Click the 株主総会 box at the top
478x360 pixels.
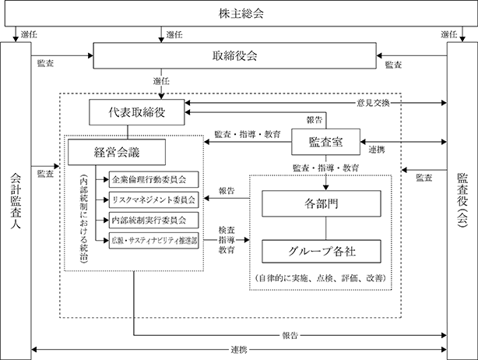241,14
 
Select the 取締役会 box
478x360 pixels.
234,55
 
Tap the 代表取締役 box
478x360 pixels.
136,112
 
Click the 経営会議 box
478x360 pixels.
117,152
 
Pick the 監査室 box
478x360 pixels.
326,142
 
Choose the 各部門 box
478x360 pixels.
322,203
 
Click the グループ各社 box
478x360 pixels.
322,252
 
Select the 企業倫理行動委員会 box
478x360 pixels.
153,179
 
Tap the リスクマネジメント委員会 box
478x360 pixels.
153,199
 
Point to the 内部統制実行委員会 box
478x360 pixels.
153,220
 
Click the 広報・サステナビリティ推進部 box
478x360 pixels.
153,241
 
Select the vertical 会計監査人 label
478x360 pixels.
16,201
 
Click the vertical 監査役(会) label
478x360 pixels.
462,201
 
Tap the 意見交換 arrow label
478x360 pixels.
373,103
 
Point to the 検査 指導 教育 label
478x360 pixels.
227,240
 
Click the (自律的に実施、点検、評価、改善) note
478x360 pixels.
321,278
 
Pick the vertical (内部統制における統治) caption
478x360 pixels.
83,218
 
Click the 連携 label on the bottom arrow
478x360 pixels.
239,350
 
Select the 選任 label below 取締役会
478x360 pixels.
161,81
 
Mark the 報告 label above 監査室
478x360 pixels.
315,120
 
